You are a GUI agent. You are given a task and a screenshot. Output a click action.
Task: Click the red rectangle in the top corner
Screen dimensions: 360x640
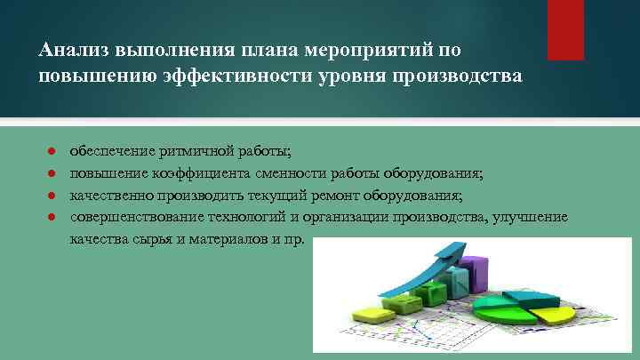565,29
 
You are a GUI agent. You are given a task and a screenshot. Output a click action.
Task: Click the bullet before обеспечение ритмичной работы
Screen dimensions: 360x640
52,151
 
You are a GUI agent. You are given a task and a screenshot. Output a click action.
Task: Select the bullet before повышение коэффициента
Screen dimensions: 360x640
52,173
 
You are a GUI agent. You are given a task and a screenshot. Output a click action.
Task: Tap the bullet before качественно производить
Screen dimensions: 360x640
52,196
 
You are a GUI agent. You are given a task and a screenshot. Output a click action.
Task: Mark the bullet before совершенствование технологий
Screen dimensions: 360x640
52,218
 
